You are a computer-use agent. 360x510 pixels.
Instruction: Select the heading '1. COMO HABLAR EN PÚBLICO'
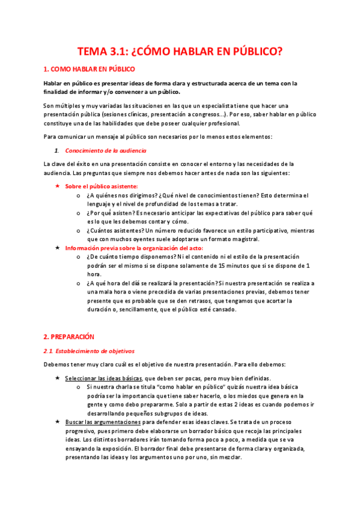pyautogui.click(x=90, y=70)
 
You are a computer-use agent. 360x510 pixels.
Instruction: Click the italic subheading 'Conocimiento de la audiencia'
pyautogui.click(x=105, y=150)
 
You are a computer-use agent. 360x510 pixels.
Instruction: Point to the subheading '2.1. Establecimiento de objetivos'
pyautogui.click(x=89, y=351)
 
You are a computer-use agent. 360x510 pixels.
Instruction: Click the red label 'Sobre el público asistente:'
pyautogui.click(x=102, y=186)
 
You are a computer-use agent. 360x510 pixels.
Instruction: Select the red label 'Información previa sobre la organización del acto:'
pyautogui.click(x=134, y=248)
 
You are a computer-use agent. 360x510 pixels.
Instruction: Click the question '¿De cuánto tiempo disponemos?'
pyautogui.click(x=130, y=257)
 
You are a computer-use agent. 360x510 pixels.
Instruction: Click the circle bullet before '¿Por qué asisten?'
pyautogui.click(x=79, y=213)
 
